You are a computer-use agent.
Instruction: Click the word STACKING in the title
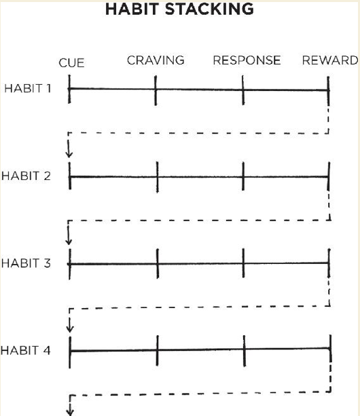click(x=209, y=9)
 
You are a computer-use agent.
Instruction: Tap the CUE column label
click(x=71, y=63)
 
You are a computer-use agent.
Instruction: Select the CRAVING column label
click(x=156, y=60)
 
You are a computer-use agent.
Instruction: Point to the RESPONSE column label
click(x=247, y=60)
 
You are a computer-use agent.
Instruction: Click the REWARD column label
click(x=330, y=60)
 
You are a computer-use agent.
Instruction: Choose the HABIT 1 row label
click(x=28, y=88)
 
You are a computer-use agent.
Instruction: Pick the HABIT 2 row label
click(x=26, y=176)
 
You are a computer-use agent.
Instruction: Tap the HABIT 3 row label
click(x=26, y=263)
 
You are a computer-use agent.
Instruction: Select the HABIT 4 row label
click(x=26, y=350)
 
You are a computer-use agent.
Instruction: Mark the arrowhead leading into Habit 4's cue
click(x=70, y=329)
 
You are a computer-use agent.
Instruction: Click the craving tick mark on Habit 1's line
click(x=156, y=90)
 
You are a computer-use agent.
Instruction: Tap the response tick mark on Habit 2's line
click(x=243, y=176)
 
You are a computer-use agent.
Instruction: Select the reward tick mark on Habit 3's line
click(x=329, y=263)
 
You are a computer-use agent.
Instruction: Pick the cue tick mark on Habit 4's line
click(x=70, y=352)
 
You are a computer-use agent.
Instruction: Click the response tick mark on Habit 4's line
click(x=245, y=351)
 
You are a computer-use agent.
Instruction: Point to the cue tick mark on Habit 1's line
click(x=69, y=89)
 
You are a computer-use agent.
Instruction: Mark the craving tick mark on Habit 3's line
click(x=158, y=264)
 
